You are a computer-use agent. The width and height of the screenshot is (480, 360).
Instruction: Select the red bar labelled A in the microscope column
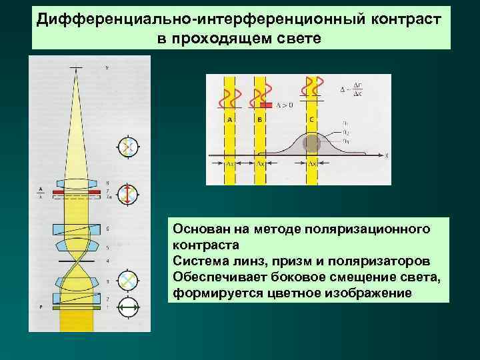pyautogui.click(x=77, y=191)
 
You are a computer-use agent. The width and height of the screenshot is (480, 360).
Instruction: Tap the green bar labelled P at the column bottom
pyautogui.click(x=77, y=307)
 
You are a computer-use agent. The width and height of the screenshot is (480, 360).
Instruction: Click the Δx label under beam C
pyautogui.click(x=312, y=163)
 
